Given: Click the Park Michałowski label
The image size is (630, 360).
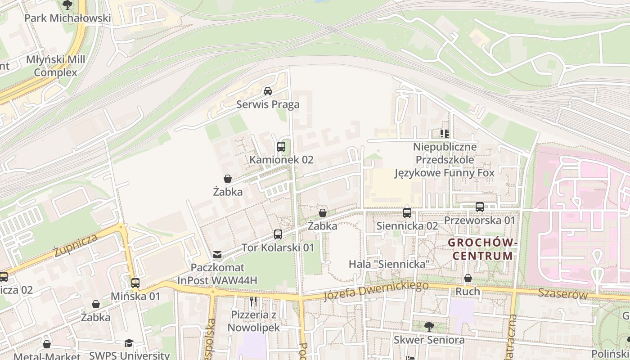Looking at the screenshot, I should tap(67, 18).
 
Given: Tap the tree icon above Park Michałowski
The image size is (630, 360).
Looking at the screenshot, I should tap(67, 5).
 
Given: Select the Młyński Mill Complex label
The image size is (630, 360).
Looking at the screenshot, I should tap(55, 66).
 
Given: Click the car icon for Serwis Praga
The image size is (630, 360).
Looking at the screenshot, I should tap(268, 91).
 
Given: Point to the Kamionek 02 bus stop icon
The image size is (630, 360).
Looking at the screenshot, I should tap(281, 146).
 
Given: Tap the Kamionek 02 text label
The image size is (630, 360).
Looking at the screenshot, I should tap(281, 160).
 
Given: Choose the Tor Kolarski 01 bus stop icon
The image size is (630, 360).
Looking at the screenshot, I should tap(278, 234).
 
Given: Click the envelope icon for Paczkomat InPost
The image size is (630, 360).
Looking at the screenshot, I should tap(217, 255).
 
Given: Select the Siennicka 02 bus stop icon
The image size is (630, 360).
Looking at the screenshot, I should tap(407, 212).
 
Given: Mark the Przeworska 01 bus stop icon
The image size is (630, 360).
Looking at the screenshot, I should tap(480, 207).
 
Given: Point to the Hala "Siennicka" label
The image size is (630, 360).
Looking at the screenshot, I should tap(390, 264).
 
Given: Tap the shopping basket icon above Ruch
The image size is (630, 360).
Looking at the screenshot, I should tap(468, 278).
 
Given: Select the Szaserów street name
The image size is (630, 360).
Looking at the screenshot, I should tap(563, 295).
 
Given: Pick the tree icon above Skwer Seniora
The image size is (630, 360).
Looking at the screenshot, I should tap(429, 326).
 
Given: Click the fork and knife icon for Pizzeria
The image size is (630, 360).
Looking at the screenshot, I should tap(254, 301).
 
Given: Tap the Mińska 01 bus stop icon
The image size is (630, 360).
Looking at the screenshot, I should tap(135, 283).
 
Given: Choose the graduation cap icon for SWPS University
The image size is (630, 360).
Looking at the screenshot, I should tap(129, 343).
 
